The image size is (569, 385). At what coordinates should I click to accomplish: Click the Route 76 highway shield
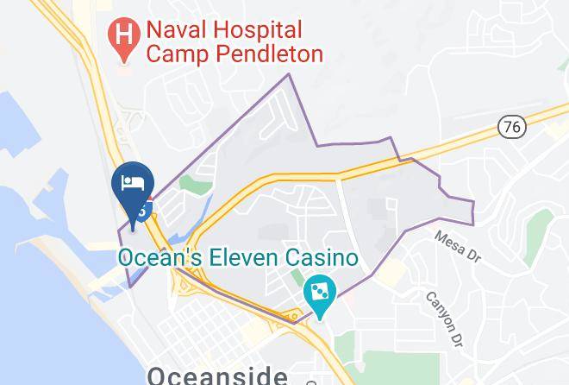(x=511, y=126)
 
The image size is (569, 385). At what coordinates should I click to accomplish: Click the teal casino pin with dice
(x=320, y=293)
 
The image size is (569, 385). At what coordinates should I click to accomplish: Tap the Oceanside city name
(x=217, y=376)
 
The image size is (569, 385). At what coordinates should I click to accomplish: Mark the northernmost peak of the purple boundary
(x=288, y=74)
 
